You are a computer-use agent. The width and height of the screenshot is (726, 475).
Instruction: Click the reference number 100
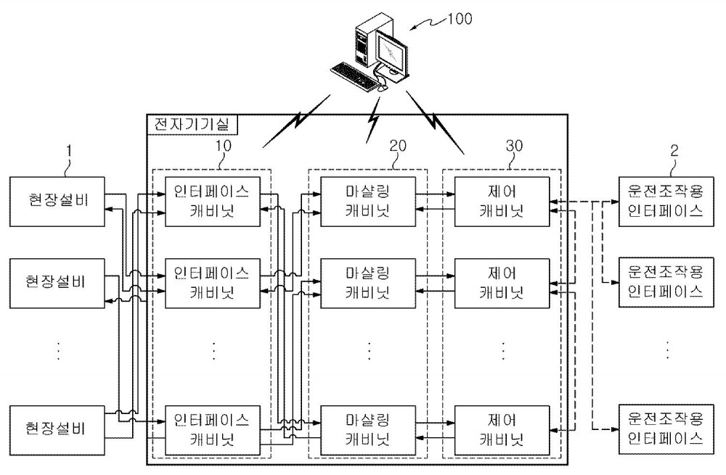460,19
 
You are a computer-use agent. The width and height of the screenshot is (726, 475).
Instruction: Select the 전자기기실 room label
192,125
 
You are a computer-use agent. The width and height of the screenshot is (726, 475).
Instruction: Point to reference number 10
223,146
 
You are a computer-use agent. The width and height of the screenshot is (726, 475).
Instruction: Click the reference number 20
397,146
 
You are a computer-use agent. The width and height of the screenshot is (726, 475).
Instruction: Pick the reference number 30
514,146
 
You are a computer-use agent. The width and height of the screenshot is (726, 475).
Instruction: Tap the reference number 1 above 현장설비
69,151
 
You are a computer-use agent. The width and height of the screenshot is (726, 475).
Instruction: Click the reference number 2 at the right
674,150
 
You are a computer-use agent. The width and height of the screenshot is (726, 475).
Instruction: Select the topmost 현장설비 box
57,201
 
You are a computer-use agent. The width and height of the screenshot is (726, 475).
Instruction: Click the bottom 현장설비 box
57,430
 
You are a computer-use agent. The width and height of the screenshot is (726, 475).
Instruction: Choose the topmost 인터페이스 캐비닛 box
213,201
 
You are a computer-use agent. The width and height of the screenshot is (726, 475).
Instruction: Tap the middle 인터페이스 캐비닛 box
213,283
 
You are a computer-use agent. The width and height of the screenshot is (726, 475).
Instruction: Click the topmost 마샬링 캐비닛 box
368,201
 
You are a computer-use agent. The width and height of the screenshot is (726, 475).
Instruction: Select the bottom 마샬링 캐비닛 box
368,430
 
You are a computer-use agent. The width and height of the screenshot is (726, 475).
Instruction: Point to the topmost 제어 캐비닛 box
502,201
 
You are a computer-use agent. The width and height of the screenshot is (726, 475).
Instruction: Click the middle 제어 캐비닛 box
502,283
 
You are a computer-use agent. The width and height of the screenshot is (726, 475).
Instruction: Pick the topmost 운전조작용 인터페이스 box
666,201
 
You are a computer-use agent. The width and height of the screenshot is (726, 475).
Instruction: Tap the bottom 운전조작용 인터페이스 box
666,429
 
